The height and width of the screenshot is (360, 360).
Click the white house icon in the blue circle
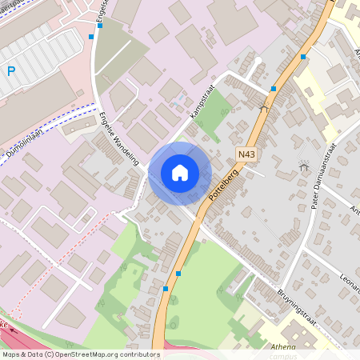click(x=180, y=172)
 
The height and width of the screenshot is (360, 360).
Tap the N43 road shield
click(x=247, y=151)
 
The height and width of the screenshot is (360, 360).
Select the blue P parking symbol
click(x=11, y=71)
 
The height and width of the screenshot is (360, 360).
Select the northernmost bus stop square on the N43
click(x=303, y=57)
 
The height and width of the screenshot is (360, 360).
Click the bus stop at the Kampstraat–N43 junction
click(x=274, y=88)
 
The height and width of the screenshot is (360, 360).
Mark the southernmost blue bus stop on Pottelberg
click(x=166, y=288)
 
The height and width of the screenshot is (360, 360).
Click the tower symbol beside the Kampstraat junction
click(x=264, y=106)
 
